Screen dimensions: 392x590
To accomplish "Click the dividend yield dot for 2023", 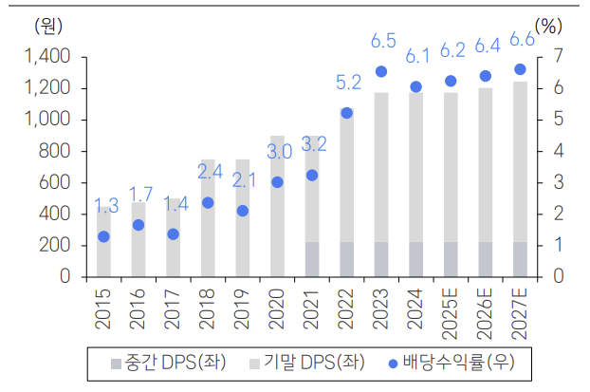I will (x=381, y=71).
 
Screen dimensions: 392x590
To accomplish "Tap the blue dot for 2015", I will (x=103, y=236).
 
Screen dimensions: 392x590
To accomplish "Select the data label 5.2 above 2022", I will (x=348, y=83).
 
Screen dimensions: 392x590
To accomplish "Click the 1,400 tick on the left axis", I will (x=46, y=57).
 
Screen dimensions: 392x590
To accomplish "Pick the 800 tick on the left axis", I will (x=53, y=151).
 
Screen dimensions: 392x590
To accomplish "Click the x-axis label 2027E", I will (x=520, y=313).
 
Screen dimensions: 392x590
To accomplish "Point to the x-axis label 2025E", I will (x=451, y=313).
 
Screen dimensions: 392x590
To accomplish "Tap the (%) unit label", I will (x=548, y=26).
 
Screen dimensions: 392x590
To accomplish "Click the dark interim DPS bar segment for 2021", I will (x=312, y=259).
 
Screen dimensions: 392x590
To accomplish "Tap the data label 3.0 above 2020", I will (x=278, y=152).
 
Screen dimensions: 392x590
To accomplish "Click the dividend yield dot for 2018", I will (x=208, y=202).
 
